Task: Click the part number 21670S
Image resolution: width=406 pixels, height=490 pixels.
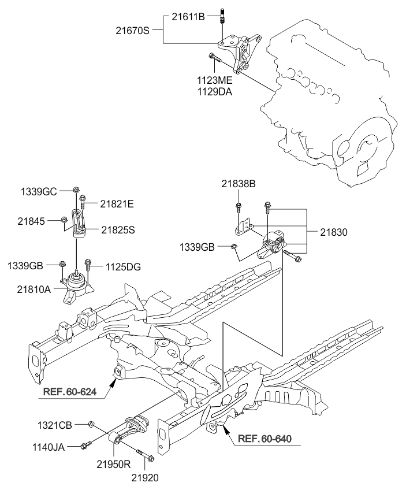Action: (x=132, y=31)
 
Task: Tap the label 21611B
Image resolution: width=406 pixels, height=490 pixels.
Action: (x=188, y=17)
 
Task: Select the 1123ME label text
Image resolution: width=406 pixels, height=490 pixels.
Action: (x=215, y=80)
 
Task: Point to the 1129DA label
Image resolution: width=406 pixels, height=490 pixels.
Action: (x=215, y=92)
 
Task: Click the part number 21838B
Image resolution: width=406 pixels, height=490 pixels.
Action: (x=239, y=184)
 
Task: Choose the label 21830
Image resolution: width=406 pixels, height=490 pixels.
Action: (x=334, y=232)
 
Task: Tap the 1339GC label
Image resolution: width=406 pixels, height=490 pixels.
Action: (x=39, y=191)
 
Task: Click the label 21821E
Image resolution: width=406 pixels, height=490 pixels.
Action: (x=117, y=204)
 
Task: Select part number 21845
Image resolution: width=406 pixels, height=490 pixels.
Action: (x=31, y=221)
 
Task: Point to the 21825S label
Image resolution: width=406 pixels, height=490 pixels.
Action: (x=118, y=230)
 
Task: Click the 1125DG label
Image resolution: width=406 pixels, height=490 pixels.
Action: (x=123, y=267)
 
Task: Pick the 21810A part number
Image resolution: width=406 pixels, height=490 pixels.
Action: (x=33, y=289)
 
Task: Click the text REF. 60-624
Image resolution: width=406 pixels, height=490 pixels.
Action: (x=70, y=391)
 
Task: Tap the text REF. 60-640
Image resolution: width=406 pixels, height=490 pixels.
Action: (x=265, y=439)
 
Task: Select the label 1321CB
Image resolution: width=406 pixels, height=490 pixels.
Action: (x=55, y=425)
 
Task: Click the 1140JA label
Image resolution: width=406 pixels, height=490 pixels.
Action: (x=49, y=447)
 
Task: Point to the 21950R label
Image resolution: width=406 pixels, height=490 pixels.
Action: (x=113, y=465)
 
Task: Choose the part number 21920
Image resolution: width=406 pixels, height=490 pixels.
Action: (x=144, y=478)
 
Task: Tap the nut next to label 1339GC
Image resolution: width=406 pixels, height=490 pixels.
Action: (x=76, y=190)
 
